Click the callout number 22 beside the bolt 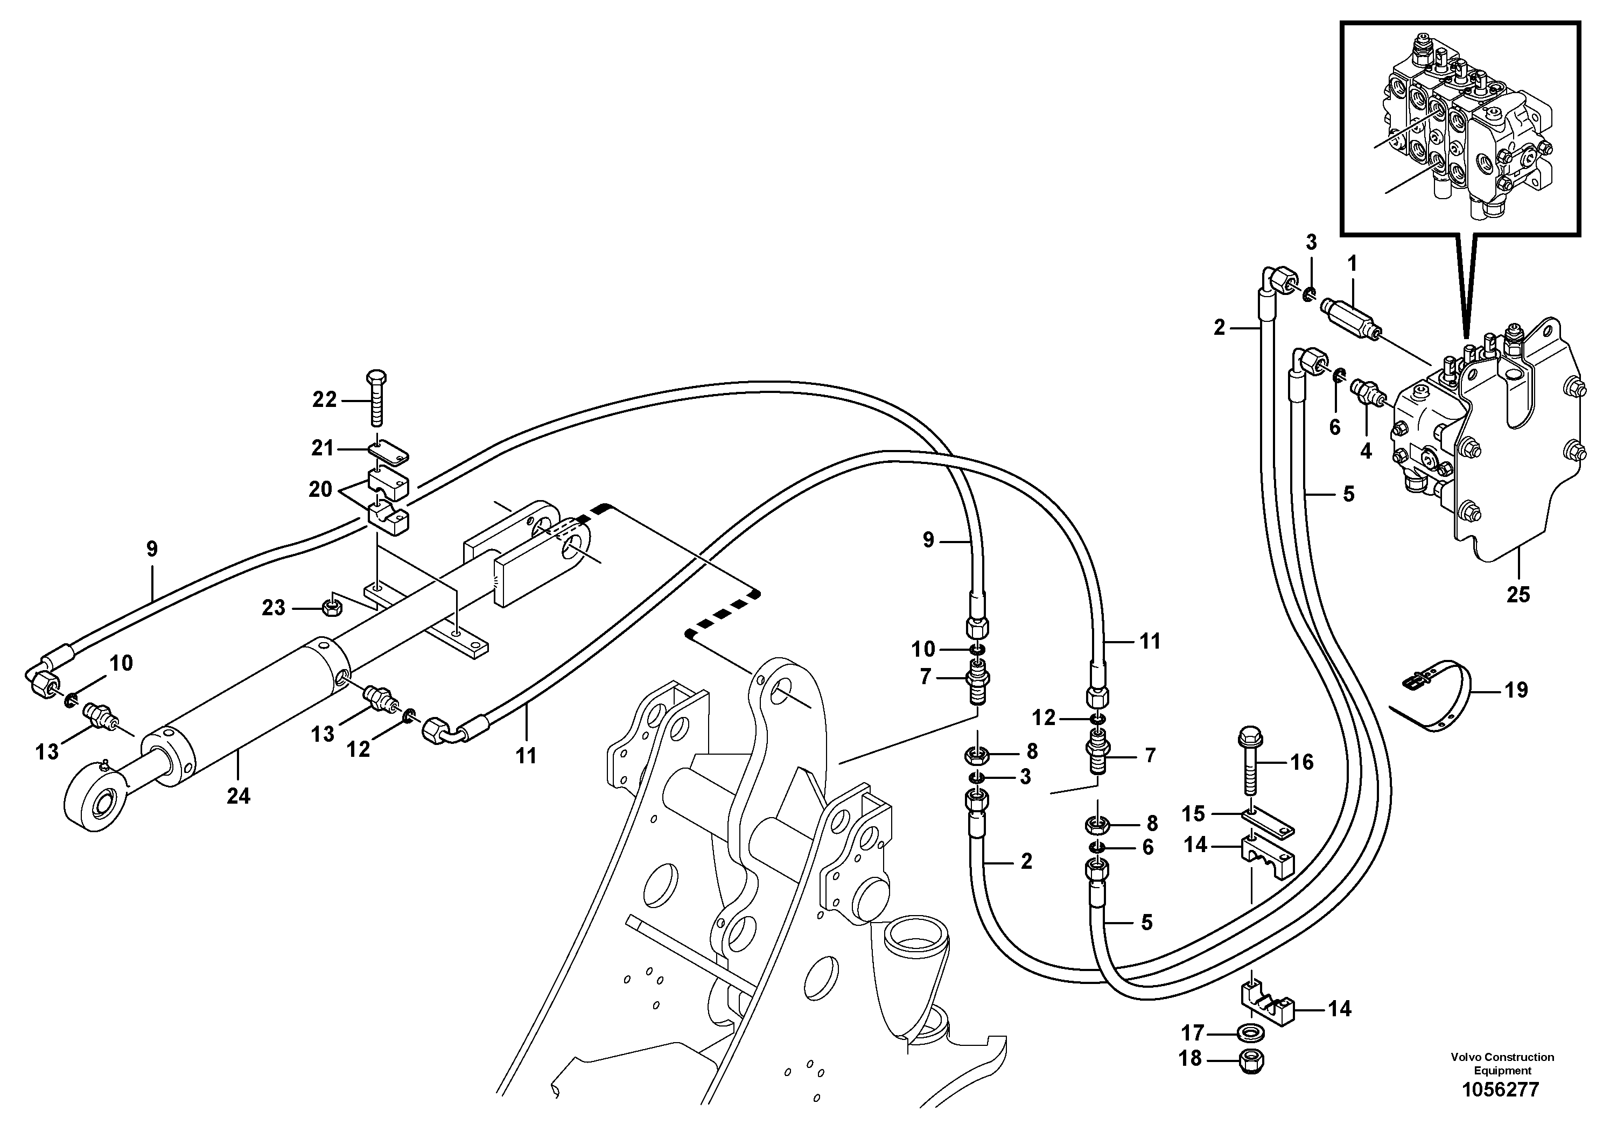point(324,400)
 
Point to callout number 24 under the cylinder point(238,796)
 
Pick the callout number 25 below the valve point(1517,595)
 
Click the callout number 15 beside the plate point(1193,814)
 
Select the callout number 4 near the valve point(1366,451)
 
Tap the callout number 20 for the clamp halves point(320,489)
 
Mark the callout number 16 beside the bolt point(1301,762)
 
